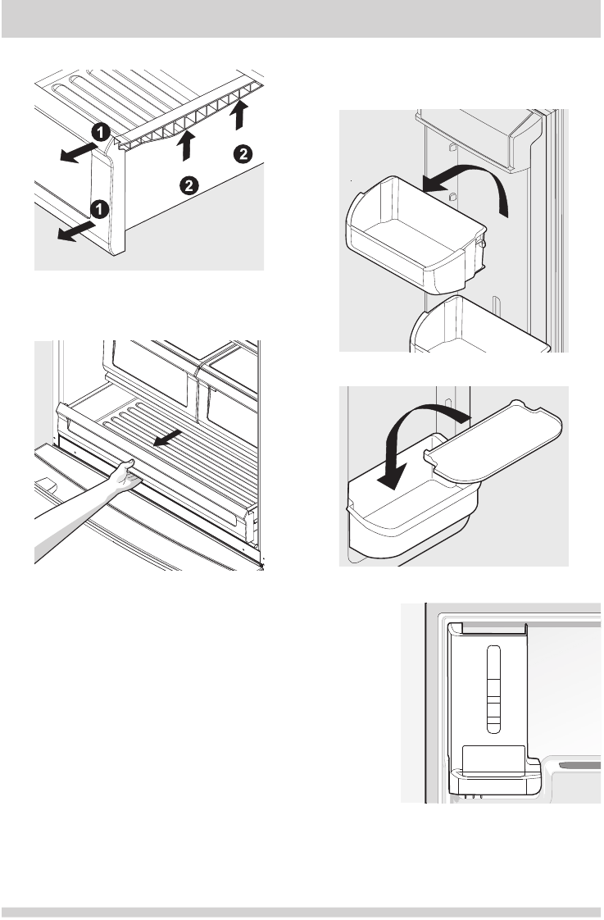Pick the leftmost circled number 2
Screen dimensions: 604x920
[x=188, y=185]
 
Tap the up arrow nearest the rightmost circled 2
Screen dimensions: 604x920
[x=238, y=114]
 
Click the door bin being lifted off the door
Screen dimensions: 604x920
[x=414, y=238]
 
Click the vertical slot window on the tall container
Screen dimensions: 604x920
[x=492, y=687]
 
